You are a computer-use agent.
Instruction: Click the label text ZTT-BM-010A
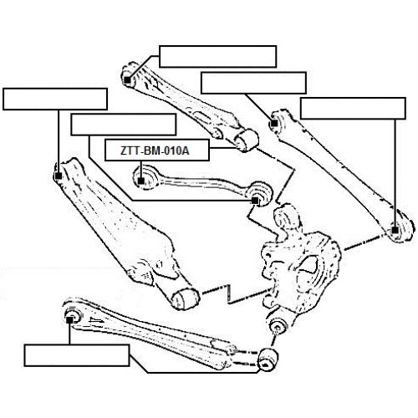pos(155,150)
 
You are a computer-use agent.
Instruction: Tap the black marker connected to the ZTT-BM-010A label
pos(141,181)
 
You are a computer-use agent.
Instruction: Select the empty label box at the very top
pos(217,56)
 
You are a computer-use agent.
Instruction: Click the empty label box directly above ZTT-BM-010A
pos(124,125)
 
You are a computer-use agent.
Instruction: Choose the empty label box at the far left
pos(55,99)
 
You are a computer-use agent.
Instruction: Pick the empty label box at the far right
pos(353,108)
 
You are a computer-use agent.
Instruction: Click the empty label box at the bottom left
pos(77,355)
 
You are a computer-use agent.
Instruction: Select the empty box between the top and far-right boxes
pos(253,83)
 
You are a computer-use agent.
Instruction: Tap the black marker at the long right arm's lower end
pos(395,230)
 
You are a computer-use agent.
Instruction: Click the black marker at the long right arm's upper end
pos(274,123)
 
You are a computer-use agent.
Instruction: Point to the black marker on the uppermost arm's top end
pos(127,80)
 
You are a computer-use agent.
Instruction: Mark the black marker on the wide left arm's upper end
pos(59,176)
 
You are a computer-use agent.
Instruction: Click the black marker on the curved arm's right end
pos(255,201)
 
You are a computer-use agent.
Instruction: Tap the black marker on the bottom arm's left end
pos(69,320)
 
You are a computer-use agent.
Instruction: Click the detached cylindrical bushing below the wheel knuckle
pos(268,359)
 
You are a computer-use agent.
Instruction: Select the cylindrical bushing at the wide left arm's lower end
pos(186,299)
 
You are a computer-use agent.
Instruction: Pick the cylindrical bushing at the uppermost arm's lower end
pos(247,140)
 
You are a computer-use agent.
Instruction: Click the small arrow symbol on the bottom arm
pos(96,321)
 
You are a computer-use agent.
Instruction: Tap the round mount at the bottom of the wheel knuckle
pos(278,326)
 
